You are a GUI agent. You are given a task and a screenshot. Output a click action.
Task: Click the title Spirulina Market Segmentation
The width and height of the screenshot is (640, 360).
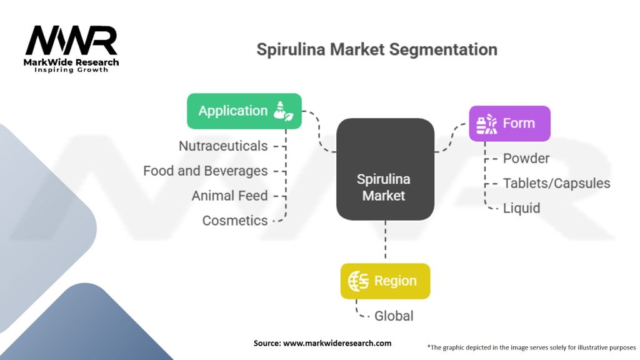pyautogui.click(x=377, y=49)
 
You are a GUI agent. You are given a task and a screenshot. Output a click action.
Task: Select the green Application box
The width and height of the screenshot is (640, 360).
pyautogui.click(x=244, y=111)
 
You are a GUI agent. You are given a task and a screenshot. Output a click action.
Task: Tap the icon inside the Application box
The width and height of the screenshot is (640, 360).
pyautogui.click(x=283, y=111)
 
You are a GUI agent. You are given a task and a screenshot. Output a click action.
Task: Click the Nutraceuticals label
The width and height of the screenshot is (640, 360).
pyautogui.click(x=223, y=146)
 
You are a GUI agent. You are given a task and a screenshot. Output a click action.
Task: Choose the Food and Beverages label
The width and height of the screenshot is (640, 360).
pyautogui.click(x=205, y=171)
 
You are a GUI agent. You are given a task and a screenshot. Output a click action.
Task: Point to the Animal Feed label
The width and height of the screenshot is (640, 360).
pyautogui.click(x=229, y=196)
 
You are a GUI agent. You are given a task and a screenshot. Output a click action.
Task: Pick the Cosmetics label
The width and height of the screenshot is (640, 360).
pyautogui.click(x=235, y=221)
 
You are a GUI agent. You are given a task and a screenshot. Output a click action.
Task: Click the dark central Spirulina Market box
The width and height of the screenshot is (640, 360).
pyautogui.click(x=385, y=169)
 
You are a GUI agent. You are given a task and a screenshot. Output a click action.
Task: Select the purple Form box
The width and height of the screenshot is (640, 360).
pyautogui.click(x=509, y=123)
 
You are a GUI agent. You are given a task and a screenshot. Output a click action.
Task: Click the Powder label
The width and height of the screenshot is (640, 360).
pyautogui.click(x=526, y=158)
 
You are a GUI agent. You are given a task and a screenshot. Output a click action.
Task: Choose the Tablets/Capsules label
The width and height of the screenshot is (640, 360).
pyautogui.click(x=556, y=183)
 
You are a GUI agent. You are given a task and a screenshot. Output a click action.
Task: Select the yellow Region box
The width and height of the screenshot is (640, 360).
pyautogui.click(x=385, y=281)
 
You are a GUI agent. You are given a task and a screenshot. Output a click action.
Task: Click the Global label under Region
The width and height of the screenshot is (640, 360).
pyautogui.click(x=394, y=316)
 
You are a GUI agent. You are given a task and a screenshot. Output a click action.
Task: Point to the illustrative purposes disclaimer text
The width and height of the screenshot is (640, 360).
pyautogui.click(x=531, y=347)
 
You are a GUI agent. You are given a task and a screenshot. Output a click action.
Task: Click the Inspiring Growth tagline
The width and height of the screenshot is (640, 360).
pyautogui.click(x=71, y=69)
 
